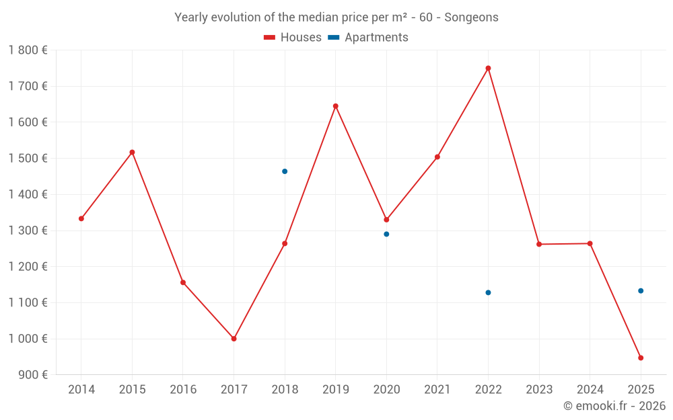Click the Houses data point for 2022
point(488,68)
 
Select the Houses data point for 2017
point(234,339)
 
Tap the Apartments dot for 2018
point(285,171)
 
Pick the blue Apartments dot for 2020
point(386,234)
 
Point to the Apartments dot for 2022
point(488,292)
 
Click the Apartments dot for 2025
point(641,291)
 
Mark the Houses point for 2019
point(335,106)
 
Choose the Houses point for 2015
point(132,152)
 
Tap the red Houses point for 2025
point(641,358)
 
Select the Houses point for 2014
point(81,218)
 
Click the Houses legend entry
point(293,38)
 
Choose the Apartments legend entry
point(368,38)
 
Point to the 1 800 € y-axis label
point(28,50)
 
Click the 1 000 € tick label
point(28,339)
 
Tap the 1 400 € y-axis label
point(28,194)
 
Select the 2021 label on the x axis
point(437,390)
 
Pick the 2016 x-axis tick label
point(183,390)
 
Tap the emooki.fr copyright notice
point(614,406)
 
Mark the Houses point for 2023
point(539,244)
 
